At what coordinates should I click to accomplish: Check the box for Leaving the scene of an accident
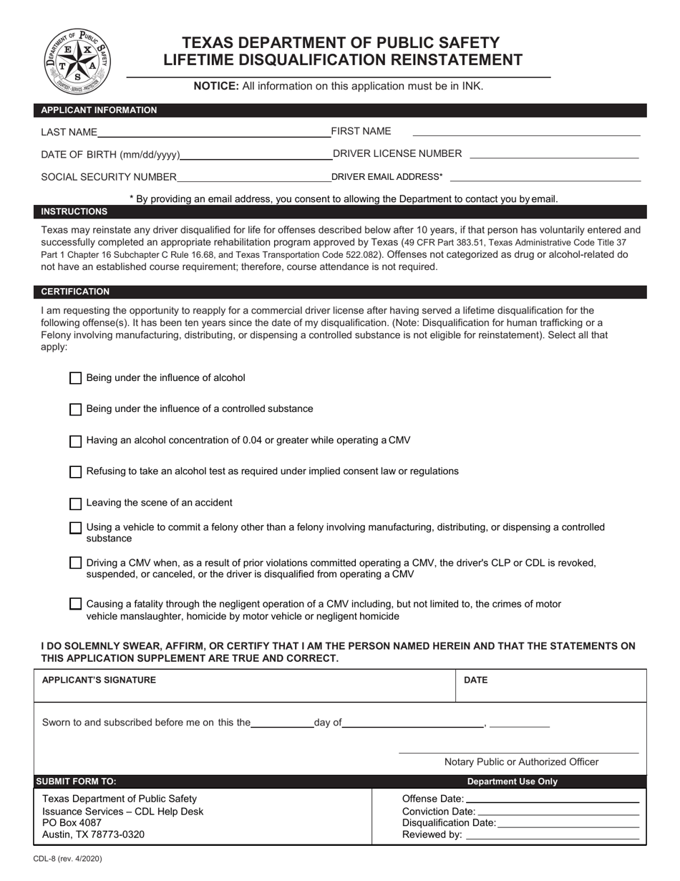tap(75, 504)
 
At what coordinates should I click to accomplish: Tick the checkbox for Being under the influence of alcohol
tap(75, 378)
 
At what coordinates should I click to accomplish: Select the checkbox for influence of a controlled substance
tap(75, 410)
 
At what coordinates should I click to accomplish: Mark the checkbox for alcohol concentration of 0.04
tap(75, 441)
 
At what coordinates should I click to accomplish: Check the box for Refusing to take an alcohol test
tap(75, 472)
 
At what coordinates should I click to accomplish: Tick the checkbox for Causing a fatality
tap(75, 604)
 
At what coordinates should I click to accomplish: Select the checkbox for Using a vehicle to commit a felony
tap(75, 528)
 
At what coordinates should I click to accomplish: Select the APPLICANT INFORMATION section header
tap(99, 110)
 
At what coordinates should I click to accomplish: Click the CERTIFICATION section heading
tap(75, 292)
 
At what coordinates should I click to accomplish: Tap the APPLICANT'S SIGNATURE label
tap(99, 680)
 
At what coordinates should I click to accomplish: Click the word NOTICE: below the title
tap(216, 86)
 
